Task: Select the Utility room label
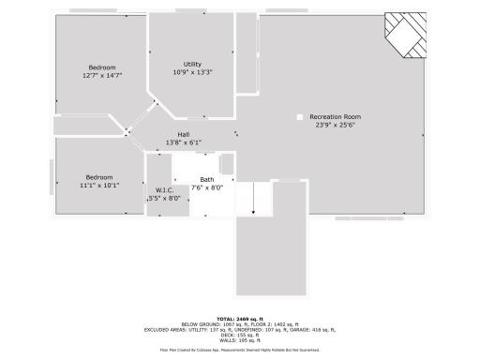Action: [x=192, y=64]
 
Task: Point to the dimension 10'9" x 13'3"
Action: [x=192, y=72]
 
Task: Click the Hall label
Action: [x=184, y=135]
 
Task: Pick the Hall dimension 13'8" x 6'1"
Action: [x=184, y=142]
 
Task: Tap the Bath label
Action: [x=207, y=179]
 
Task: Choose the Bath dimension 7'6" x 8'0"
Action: [x=207, y=187]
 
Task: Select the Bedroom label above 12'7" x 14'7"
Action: [x=102, y=67]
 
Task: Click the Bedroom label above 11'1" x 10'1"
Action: [x=99, y=177]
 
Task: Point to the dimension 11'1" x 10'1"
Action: [x=99, y=186]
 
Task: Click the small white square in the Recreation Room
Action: [x=299, y=117]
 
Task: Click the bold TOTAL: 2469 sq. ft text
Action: [x=240, y=319]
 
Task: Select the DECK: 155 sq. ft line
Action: [x=240, y=336]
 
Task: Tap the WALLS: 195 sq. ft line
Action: [x=240, y=341]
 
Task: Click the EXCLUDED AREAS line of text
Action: [x=240, y=330]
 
